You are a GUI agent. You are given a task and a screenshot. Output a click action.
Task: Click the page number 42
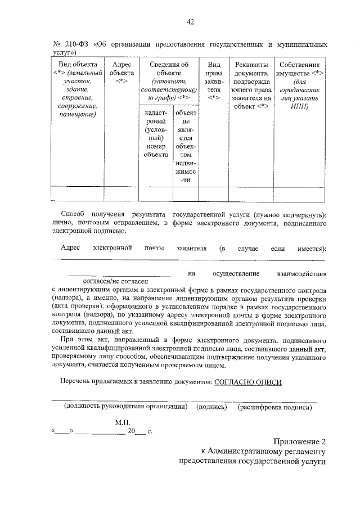190,22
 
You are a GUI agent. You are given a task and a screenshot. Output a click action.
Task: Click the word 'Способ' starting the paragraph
74,215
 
